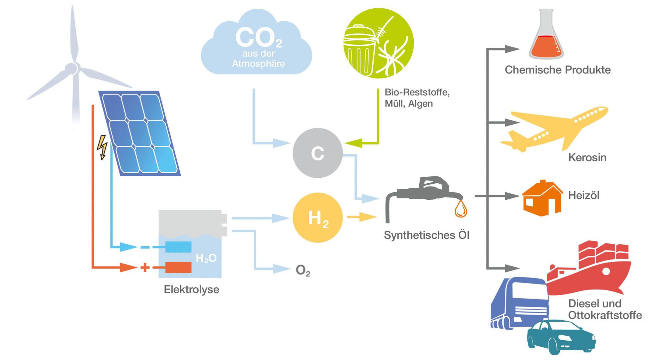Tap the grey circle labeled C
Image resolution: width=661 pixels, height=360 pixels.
click(317, 153)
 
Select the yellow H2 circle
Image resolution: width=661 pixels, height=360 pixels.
click(317, 218)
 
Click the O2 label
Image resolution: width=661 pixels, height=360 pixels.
click(303, 271)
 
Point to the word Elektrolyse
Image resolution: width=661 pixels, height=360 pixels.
click(191, 289)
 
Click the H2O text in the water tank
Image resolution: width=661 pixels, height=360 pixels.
click(206, 258)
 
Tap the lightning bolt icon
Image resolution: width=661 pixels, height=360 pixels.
click(102, 147)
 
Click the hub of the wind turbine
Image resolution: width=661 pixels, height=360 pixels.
click(72, 68)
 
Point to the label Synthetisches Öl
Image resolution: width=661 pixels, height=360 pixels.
click(426, 235)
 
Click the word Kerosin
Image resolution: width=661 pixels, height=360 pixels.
click(587, 157)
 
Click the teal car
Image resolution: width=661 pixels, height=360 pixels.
click(561, 337)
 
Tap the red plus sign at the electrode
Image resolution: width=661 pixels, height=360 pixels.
click(145, 267)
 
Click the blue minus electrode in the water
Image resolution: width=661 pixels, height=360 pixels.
click(178, 247)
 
